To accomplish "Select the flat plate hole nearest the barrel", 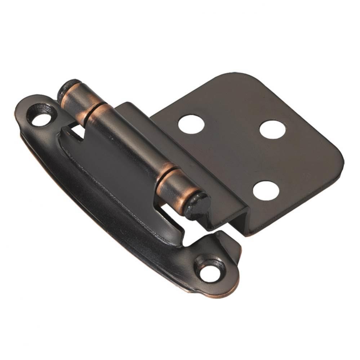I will point(191,125).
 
